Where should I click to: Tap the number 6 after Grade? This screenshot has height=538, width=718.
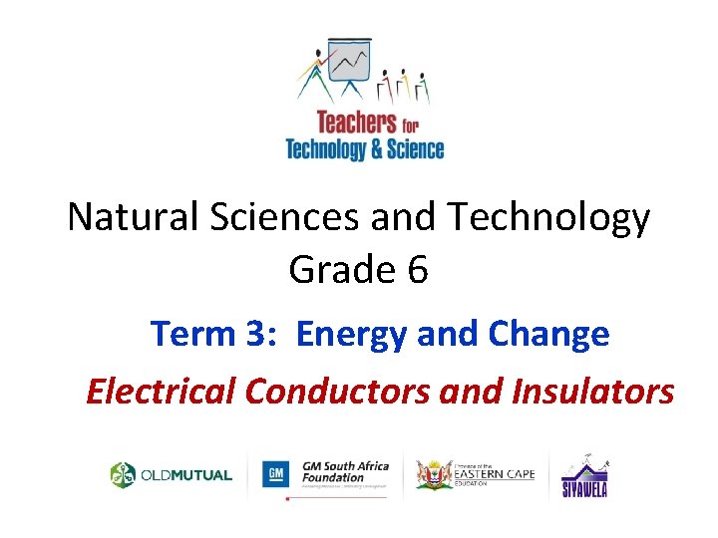pyautogui.click(x=417, y=269)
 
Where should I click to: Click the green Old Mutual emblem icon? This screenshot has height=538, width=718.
pyautogui.click(x=123, y=475)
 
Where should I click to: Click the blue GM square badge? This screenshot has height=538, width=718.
pyautogui.click(x=276, y=474)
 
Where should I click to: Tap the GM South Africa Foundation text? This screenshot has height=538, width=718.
pyautogui.click(x=339, y=471)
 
